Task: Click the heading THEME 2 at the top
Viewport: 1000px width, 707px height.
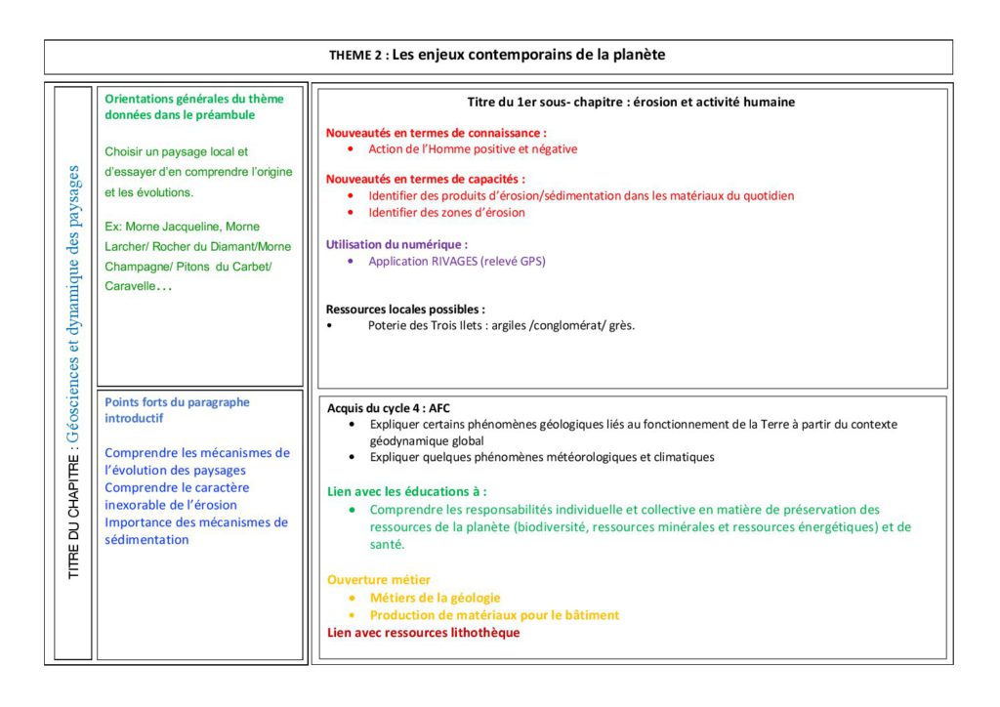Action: click(x=356, y=56)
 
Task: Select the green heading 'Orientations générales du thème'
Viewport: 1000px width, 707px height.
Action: click(x=193, y=99)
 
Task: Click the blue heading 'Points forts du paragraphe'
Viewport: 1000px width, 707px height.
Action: click(x=177, y=402)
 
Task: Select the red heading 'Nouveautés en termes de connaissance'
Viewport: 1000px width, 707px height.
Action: click(x=435, y=132)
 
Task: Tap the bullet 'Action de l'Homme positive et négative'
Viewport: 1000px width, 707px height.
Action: click(x=473, y=149)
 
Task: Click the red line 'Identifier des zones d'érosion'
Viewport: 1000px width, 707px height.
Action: click(x=446, y=212)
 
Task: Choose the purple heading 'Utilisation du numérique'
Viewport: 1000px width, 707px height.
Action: click(x=396, y=244)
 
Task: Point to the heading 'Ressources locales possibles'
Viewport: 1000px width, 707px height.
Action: click(x=404, y=309)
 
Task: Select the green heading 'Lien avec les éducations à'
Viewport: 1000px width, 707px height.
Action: click(x=406, y=491)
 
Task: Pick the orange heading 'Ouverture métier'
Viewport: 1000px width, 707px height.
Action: click(x=379, y=580)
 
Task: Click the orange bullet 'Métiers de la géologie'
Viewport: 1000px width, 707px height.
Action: click(x=436, y=598)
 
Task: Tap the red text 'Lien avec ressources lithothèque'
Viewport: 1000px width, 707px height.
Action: click(x=423, y=633)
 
